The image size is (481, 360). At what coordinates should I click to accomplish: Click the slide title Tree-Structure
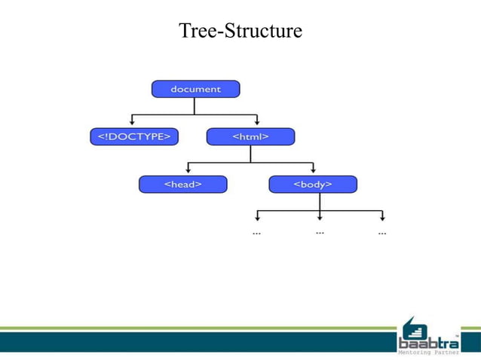click(x=240, y=31)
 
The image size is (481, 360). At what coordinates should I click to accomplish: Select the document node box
click(x=195, y=89)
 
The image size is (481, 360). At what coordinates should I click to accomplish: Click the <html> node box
click(x=250, y=136)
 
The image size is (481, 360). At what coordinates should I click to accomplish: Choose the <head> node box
click(x=182, y=184)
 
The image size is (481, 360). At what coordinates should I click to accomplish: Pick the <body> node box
click(x=313, y=184)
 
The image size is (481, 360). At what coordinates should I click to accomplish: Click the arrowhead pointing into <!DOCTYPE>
click(x=133, y=122)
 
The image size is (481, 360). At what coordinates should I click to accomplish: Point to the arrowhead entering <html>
click(x=257, y=122)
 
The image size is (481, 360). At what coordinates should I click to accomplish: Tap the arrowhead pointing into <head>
click(x=188, y=170)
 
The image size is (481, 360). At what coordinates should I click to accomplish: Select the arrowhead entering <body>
click(x=313, y=170)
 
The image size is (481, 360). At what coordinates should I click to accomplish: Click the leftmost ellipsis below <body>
click(x=256, y=233)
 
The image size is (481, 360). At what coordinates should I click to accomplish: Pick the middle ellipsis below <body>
click(x=320, y=232)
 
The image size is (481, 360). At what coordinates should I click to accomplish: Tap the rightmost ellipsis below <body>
click(x=382, y=233)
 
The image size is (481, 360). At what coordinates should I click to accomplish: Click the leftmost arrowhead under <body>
click(x=256, y=218)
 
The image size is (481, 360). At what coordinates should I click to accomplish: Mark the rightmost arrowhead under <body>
click(x=382, y=218)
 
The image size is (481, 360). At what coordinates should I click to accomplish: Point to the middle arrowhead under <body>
click(x=320, y=218)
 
